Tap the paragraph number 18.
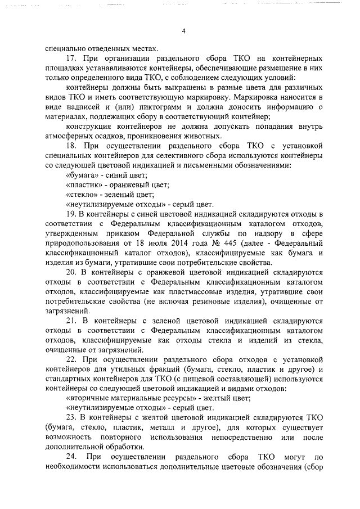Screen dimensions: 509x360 coord(71,145)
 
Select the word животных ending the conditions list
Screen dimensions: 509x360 coord(192,136)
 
